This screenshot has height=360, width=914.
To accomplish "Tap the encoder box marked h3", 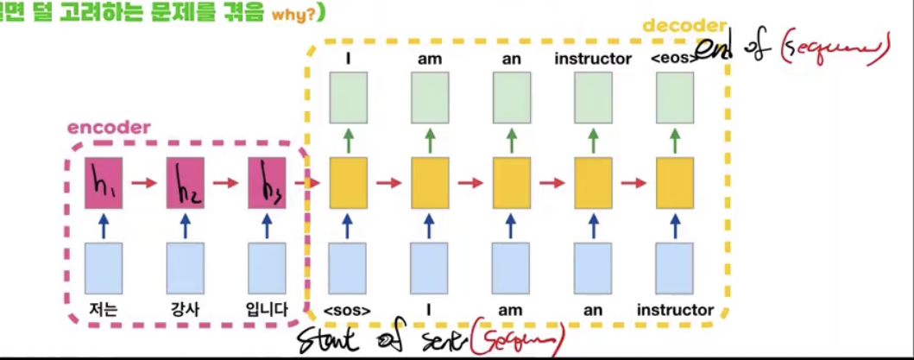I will pyautogui.click(x=266, y=183).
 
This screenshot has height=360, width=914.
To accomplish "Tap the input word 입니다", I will pyautogui.click(x=266, y=308).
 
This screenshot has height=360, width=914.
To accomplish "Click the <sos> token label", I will pyautogui.click(x=347, y=309).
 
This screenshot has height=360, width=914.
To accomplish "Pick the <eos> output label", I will pyautogui.click(x=677, y=58).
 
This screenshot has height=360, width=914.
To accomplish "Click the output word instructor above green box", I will pyautogui.click(x=594, y=58).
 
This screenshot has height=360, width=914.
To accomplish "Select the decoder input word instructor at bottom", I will pyautogui.click(x=677, y=309).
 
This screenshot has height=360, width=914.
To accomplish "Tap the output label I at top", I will pyautogui.click(x=347, y=58).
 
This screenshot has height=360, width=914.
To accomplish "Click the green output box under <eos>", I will pyautogui.click(x=677, y=97).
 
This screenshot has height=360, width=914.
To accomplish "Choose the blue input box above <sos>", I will pyautogui.click(x=347, y=268).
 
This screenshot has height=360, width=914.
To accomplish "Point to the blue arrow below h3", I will pyautogui.click(x=266, y=225).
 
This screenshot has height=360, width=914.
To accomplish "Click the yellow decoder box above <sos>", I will pyautogui.click(x=347, y=183).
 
